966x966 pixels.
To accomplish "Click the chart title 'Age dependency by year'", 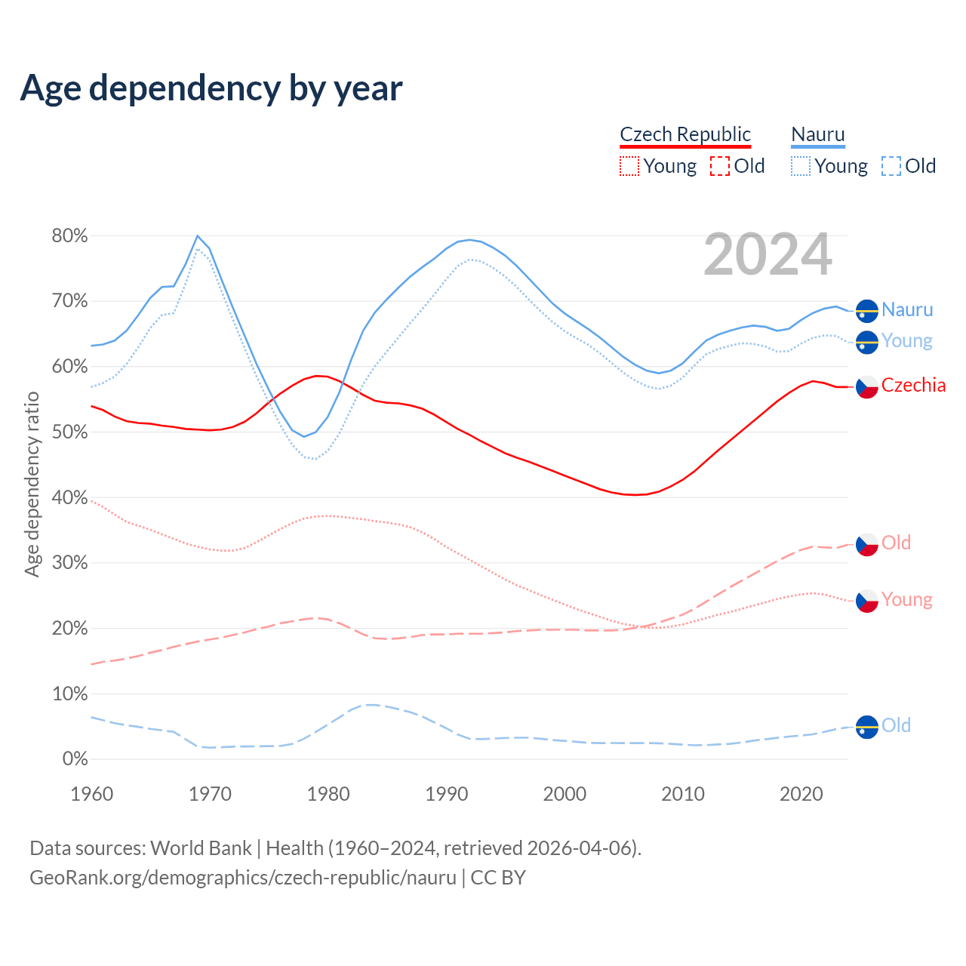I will coord(211,88).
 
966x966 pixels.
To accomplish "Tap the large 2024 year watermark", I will coord(768,255).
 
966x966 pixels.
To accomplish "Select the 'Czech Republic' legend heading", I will coord(685,134).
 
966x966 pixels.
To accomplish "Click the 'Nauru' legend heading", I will coord(818,134).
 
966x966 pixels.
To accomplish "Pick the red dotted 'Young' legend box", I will coord(629,166).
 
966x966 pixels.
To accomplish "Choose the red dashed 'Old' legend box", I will coord(720,166).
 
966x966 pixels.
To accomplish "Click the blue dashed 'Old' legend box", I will coord(891,166).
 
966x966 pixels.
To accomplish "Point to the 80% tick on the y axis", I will coord(69,236).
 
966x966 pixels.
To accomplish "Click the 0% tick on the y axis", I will coord(75,759).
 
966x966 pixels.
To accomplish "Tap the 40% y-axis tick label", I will coord(69,498).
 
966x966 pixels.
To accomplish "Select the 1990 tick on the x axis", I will coord(447,794).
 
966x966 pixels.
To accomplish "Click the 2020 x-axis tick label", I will coord(801,794).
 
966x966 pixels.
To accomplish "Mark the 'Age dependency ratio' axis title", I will coord(32,484).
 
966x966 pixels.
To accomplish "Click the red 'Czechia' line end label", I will coord(913,386).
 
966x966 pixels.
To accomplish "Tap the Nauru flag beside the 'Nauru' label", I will coord(867,311).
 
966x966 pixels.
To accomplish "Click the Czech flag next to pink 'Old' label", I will coord(867,544).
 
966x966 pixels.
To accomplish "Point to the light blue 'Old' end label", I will coord(896,726).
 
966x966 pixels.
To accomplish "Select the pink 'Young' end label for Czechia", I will coord(906,600).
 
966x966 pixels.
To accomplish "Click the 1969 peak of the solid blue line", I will coord(198,236).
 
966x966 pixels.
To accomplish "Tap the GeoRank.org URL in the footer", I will coord(243,878).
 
